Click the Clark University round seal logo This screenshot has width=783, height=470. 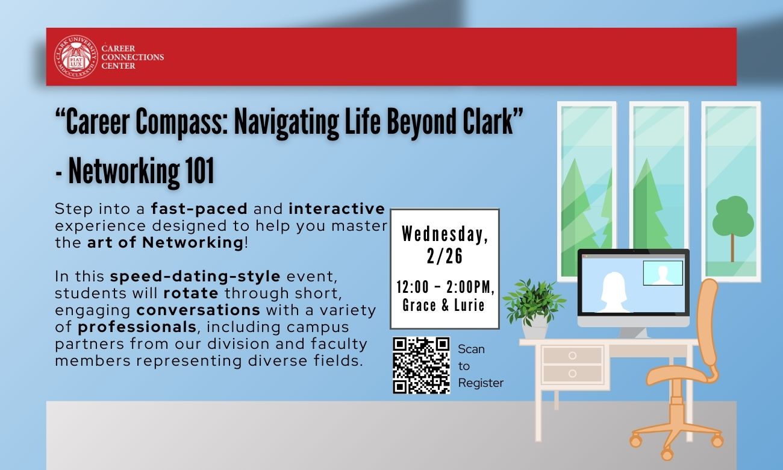pos(76,57)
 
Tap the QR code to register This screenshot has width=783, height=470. pos(421,365)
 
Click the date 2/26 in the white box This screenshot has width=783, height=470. pos(445,256)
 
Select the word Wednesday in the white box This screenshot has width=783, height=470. pos(445,234)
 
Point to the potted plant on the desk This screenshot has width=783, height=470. pos(534,309)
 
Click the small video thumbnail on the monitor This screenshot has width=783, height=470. pos(663,273)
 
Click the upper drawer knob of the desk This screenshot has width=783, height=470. pos(572,356)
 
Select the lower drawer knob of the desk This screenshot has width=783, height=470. pos(572,374)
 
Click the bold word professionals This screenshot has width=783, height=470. pos(137,327)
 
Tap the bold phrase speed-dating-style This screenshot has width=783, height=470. pos(195,276)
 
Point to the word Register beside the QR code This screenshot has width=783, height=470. pos(481,383)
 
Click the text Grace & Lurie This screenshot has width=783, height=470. pos(443,305)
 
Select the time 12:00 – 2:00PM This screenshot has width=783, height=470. pos(445,287)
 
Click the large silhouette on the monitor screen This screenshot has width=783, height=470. pos(614,292)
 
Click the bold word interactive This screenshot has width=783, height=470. pos(337,208)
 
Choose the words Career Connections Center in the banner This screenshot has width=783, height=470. pos(133,57)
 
